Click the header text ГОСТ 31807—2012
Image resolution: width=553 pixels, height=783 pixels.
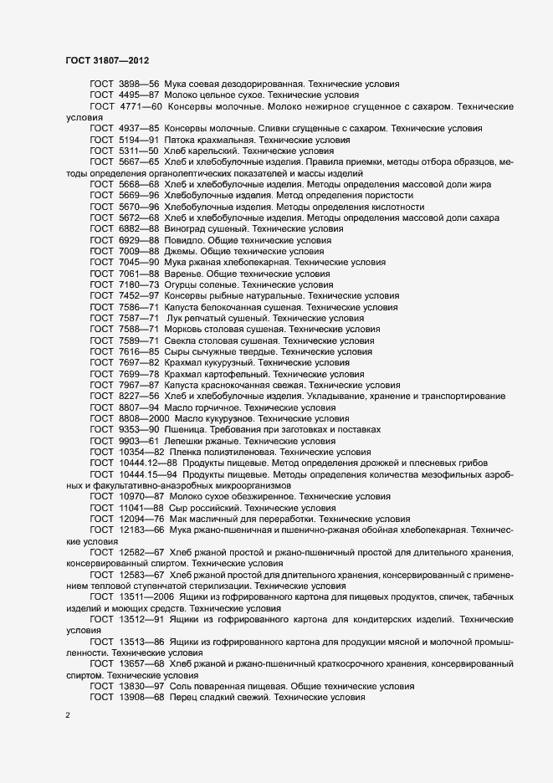(x=107, y=60)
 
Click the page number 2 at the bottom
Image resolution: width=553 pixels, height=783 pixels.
(x=68, y=716)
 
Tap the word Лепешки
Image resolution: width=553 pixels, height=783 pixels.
(x=187, y=440)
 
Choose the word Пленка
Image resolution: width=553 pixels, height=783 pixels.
(x=188, y=451)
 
